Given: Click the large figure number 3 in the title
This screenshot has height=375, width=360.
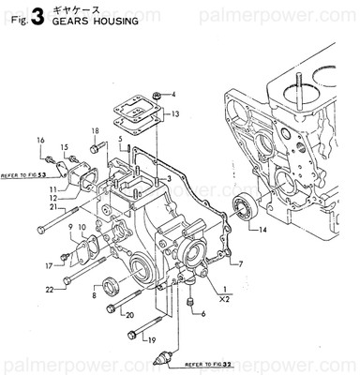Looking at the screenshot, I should point(37,15).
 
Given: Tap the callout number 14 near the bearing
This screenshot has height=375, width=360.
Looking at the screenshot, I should point(262,230).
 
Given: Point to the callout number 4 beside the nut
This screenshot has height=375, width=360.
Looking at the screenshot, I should point(174,95).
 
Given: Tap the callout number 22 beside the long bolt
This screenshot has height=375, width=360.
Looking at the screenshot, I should point(50,289).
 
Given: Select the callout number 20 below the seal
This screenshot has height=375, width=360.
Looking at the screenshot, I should point(130,315).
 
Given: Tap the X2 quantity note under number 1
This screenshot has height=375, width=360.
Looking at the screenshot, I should point(224,301).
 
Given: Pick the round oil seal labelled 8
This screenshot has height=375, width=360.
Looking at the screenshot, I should point(111,285).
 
